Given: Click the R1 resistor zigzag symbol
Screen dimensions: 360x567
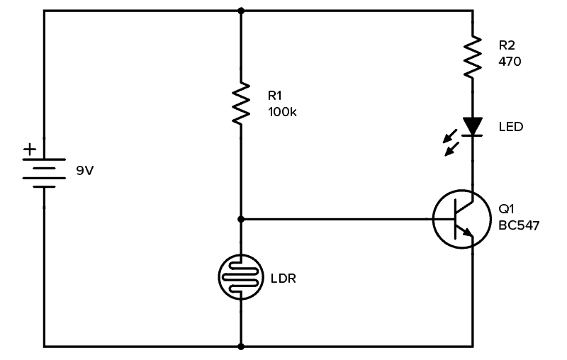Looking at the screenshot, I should coord(241,103).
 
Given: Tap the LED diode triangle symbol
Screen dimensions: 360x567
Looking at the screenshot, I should coord(472,126).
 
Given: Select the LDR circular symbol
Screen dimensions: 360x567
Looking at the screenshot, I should coord(241,277).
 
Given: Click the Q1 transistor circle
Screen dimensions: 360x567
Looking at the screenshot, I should coord(461,219).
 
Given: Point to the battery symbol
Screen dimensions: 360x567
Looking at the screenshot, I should coord(44,173).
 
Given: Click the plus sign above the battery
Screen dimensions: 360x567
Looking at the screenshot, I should coord(29,150).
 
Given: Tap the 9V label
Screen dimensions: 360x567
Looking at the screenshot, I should coord(84,171).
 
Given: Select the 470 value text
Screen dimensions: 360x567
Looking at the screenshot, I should coord(510,62).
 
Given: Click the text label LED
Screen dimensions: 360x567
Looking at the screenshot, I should coord(510,128).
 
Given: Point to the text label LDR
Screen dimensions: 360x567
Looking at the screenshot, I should coord(283,279).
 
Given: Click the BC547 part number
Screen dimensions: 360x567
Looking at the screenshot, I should coord(519,226).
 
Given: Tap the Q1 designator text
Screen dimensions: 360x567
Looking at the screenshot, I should coord(506,209).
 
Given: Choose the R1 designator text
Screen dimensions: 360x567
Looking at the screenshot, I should coord(274,95).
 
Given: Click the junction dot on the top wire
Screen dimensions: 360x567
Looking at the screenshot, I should coord(241,11).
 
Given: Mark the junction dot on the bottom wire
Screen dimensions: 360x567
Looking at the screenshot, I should coord(241,347).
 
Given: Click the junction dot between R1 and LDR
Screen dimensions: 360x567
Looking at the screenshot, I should coord(241,219).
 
